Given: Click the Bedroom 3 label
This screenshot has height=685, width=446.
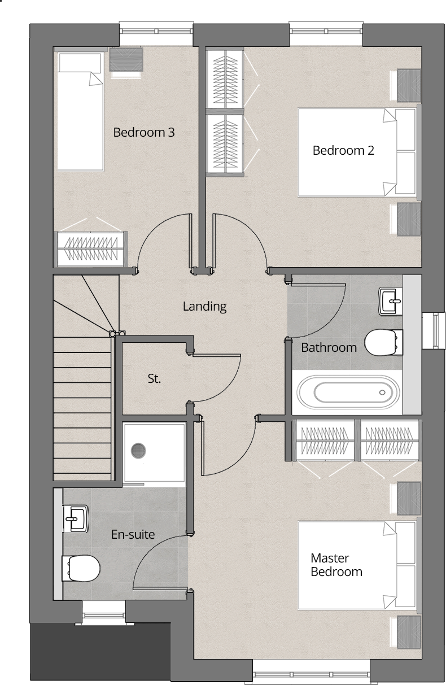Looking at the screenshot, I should [x=143, y=133].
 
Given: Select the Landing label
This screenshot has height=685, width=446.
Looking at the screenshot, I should [x=204, y=307].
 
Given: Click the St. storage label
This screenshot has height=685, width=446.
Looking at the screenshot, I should [x=154, y=379].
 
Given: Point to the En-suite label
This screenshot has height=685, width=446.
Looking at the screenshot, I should [x=133, y=534].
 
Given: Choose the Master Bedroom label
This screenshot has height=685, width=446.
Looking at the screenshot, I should [x=336, y=565].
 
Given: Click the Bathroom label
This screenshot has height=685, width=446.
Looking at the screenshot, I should [x=329, y=347].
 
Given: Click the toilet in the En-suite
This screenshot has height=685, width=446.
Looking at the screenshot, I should [x=81, y=566].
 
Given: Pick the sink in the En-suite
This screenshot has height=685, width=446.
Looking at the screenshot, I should [x=75, y=518].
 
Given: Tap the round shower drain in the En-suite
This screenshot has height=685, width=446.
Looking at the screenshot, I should [x=139, y=450].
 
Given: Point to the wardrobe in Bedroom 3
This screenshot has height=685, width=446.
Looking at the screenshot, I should [x=90, y=248].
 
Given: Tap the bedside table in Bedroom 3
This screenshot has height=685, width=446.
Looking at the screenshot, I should [x=126, y=59].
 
